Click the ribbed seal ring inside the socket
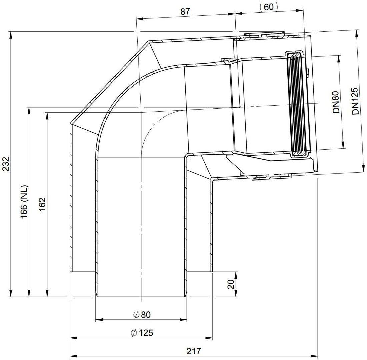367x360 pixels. [x=297, y=103]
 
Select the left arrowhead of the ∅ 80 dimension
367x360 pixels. [x=98, y=320]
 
